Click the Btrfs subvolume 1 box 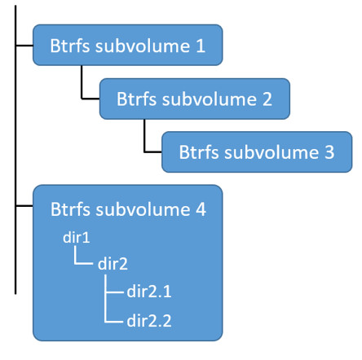(127, 45)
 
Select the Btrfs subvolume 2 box (194, 99)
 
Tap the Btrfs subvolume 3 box (256, 152)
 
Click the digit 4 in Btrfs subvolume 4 (200, 209)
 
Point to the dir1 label (76, 237)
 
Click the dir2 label (113, 264)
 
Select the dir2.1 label (149, 292)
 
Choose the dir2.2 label (149, 320)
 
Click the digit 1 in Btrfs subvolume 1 (201, 46)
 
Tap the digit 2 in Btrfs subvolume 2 (267, 99)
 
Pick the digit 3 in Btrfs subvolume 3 (329, 153)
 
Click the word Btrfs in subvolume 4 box (70, 209)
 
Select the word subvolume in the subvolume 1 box (143, 46)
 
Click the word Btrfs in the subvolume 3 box (198, 153)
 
